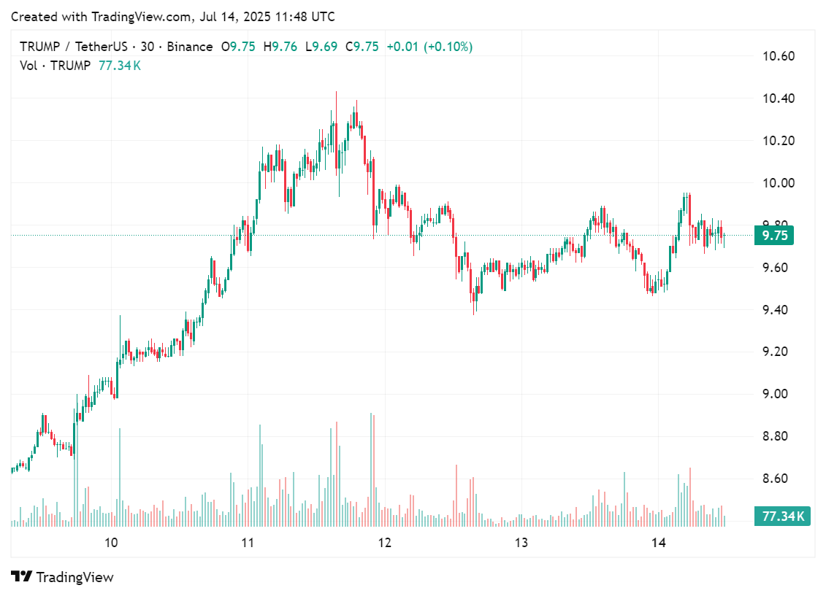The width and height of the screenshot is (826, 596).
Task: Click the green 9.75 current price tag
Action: click(774, 235)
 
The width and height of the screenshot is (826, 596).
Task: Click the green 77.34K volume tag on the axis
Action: click(782, 516)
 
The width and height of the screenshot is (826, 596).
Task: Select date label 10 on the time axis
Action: click(111, 543)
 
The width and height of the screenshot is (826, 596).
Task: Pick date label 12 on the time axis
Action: click(384, 543)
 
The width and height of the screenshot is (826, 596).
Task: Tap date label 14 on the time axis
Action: click(659, 543)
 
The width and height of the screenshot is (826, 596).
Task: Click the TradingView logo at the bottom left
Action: click(63, 577)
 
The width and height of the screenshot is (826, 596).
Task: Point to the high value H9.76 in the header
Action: click(280, 47)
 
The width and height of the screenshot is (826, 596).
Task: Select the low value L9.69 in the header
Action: click(321, 47)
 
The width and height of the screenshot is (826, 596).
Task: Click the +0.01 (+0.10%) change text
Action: click(429, 47)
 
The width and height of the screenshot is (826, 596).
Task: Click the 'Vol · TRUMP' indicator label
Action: click(56, 66)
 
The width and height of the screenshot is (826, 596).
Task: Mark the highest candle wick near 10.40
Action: click(336, 93)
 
